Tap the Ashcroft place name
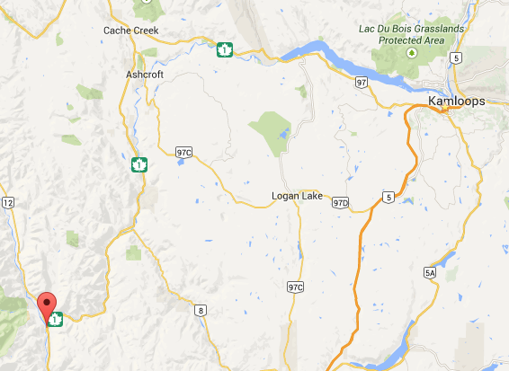[144, 75]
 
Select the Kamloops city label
[456, 102]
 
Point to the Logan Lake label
[296, 196]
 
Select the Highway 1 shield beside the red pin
[57, 318]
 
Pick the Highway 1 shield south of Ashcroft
[138, 164]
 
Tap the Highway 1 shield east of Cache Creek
[225, 49]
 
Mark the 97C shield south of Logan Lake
[296, 287]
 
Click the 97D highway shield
[340, 203]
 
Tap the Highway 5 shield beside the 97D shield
[388, 197]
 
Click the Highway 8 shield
[200, 309]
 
